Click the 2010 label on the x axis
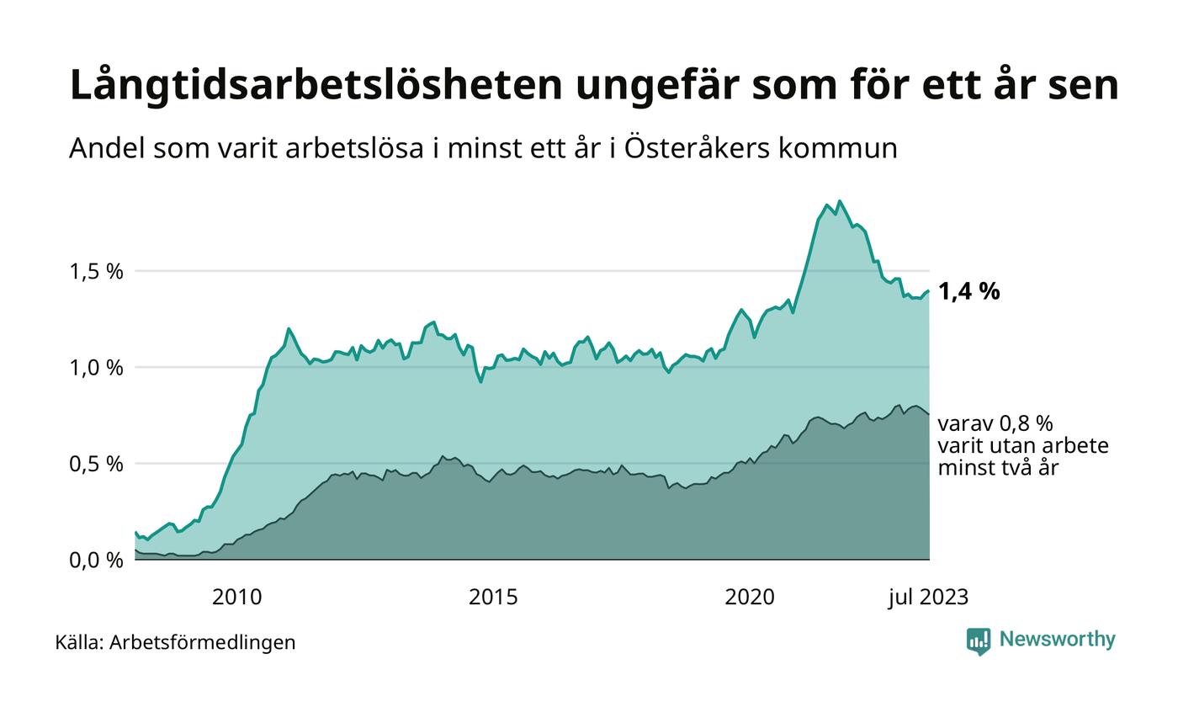(236, 598)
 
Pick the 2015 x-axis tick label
(493, 598)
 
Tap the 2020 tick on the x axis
(750, 598)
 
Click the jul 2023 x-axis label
(928, 598)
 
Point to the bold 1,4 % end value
(968, 292)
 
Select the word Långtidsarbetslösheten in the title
(303, 86)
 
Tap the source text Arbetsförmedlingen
(202, 642)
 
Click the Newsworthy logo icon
(979, 641)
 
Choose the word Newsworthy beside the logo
(1057, 640)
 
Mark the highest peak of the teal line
(839, 201)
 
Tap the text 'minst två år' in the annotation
(998, 467)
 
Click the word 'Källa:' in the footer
(79, 642)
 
